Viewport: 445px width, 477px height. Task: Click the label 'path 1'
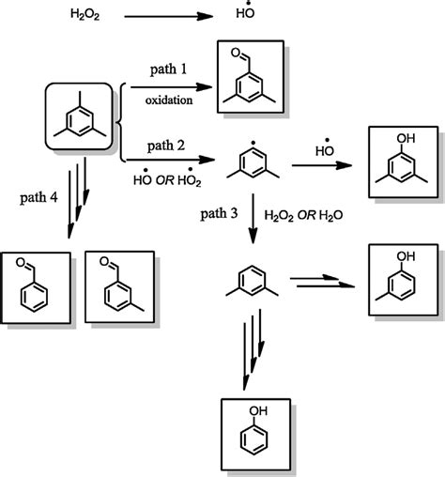pos(172,69)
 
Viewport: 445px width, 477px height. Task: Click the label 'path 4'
pos(39,198)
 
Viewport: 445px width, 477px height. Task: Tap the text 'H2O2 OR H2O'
pos(303,213)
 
